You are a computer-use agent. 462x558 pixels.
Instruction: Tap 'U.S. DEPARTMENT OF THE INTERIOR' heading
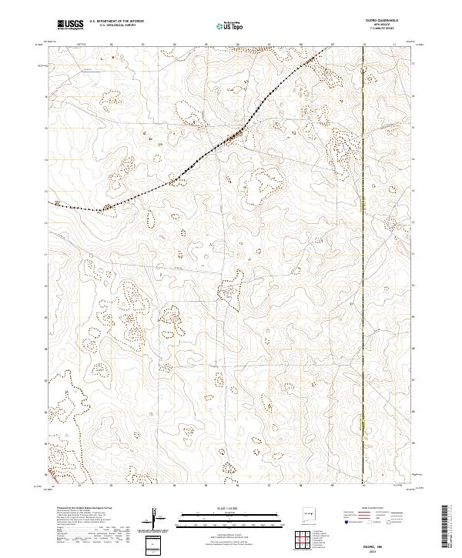pos(116,22)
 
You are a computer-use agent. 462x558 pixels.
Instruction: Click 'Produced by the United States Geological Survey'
pos(73,510)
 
